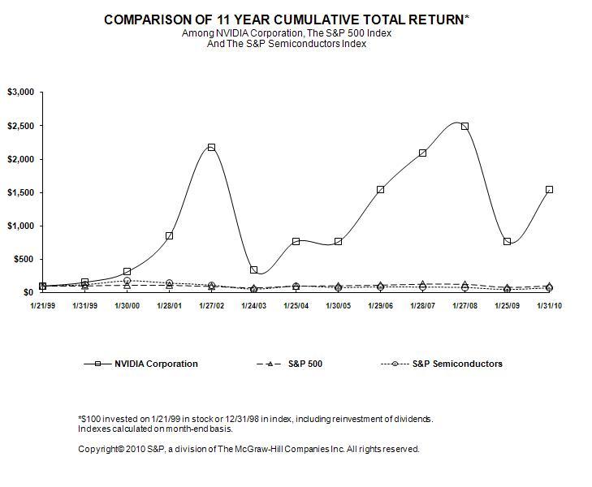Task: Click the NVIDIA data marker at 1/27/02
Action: coord(211,147)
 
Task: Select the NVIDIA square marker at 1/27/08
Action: coord(465,127)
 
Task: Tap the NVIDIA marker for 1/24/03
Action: coord(253,269)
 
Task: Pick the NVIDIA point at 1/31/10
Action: coord(549,189)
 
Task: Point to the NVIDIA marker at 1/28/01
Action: coord(169,235)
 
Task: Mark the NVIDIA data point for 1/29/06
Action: coord(380,189)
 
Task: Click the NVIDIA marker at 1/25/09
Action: coord(507,241)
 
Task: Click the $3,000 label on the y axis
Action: coord(20,93)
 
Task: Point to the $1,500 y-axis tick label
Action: coord(20,192)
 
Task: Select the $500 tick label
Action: coord(24,259)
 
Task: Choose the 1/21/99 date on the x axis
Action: coord(42,305)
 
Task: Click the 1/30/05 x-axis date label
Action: coord(338,305)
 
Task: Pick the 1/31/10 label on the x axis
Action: coord(549,305)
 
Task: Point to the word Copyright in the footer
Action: coord(97,449)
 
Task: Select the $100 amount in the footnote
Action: coord(90,419)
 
